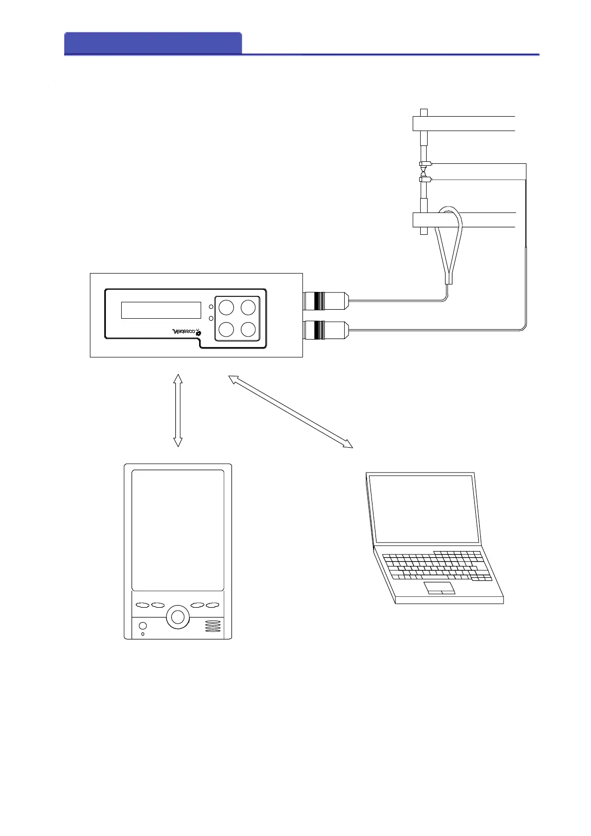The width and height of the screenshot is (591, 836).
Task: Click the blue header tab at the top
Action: tap(153, 43)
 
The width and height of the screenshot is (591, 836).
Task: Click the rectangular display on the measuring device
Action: tap(161, 310)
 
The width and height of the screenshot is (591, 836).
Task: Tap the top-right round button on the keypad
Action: tap(248, 308)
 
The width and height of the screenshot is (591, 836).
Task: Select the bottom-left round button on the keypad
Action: tap(226, 329)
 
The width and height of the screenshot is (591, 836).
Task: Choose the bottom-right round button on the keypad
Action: tap(248, 329)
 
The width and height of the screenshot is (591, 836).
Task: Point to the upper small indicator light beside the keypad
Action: tap(211, 307)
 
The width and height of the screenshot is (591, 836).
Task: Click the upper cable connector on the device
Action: tap(325, 301)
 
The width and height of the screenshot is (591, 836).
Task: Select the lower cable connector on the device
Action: tap(325, 330)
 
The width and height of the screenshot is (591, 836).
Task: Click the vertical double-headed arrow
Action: tap(178, 410)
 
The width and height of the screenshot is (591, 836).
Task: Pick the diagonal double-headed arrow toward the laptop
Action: tap(290, 412)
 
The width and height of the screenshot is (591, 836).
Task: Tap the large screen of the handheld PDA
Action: tap(178, 530)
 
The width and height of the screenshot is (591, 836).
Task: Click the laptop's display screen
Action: tap(424, 509)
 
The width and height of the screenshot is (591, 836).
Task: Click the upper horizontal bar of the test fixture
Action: tap(464, 124)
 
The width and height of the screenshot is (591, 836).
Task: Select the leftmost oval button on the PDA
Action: tap(143, 605)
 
